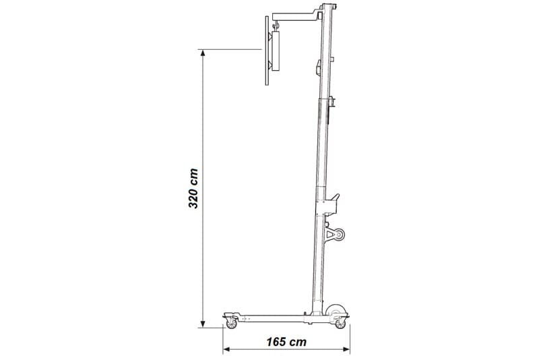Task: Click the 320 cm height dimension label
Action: tap(193, 188)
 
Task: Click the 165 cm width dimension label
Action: tap(286, 342)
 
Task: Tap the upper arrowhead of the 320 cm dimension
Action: tap(203, 53)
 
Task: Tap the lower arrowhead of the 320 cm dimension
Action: tap(203, 324)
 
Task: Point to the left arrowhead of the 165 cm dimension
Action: tap(226, 350)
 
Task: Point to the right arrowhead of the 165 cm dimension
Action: tap(346, 350)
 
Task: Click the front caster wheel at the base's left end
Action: tap(231, 324)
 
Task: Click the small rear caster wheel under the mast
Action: tap(340, 324)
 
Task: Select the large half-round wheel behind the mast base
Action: tap(335, 310)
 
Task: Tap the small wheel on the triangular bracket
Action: tap(340, 235)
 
